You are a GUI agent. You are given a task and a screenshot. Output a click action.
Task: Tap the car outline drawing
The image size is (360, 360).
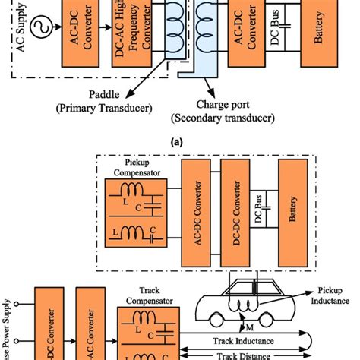tap(243, 304)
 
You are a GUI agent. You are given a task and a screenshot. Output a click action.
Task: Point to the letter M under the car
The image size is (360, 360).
tap(248, 328)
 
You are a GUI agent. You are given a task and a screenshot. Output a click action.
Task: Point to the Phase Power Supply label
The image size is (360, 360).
tap(8, 327)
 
